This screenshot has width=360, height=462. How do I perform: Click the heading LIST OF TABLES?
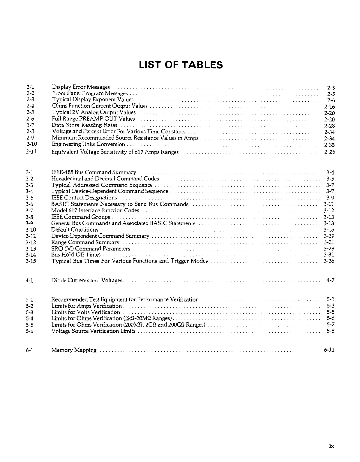181,65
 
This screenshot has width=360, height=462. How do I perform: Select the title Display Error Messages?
81,87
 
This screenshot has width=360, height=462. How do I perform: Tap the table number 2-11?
31,152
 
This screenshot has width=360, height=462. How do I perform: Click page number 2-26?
329,152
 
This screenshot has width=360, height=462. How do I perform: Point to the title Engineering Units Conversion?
89,144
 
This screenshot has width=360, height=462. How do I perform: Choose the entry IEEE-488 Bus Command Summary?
93,172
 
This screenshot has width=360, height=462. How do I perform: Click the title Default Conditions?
75,230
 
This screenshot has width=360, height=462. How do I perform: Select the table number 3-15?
31,261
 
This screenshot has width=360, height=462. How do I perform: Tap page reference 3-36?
329,261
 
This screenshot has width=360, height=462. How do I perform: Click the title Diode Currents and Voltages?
87,281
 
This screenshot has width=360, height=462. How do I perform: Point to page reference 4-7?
330,281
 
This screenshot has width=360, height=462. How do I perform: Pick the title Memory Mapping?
74,350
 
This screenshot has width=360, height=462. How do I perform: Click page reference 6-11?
329,350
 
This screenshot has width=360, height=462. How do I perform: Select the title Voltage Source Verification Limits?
93,331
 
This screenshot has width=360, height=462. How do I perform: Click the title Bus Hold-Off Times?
76,255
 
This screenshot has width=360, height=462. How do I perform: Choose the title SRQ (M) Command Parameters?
90,248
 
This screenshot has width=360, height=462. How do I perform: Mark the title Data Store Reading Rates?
84,125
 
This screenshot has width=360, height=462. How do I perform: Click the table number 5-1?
29,299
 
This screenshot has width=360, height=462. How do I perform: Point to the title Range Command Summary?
85,242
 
